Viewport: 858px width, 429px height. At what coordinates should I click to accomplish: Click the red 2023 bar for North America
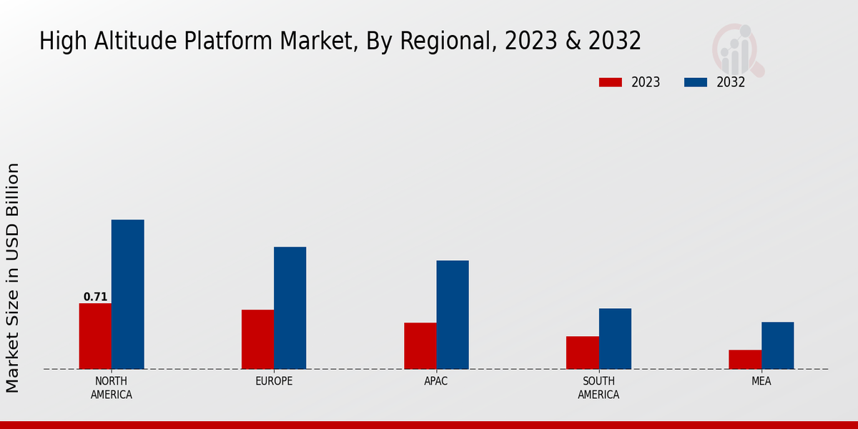[x=95, y=336]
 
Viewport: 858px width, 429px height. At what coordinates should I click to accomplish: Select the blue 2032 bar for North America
[x=127, y=295]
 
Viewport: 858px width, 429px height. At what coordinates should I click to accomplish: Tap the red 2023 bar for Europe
[x=257, y=340]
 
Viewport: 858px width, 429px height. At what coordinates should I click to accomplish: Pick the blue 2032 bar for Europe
[x=290, y=308]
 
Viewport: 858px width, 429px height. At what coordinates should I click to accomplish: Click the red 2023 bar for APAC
[x=420, y=346]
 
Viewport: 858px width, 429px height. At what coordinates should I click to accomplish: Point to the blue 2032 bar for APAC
[x=453, y=315]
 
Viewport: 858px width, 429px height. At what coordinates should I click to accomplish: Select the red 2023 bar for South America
[x=582, y=352]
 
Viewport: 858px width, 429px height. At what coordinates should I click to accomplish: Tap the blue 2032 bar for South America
[x=615, y=339]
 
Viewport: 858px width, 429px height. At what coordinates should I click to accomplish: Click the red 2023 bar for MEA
[x=744, y=360]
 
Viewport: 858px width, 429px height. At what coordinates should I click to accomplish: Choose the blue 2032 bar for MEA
[x=777, y=345]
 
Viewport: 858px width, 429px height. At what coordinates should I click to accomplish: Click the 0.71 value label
[x=95, y=297]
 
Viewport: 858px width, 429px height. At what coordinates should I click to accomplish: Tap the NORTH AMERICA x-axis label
[x=112, y=388]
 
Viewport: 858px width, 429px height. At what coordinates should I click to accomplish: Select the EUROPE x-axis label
[x=274, y=381]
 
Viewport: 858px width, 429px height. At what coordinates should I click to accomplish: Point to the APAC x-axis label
[x=436, y=381]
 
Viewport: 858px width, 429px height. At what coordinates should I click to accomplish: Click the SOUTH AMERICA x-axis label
[x=598, y=388]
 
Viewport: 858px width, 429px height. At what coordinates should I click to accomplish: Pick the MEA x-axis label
[x=761, y=381]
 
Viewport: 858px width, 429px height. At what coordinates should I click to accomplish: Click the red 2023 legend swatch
[x=611, y=82]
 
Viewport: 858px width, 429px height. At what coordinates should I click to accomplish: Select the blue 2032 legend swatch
[x=696, y=82]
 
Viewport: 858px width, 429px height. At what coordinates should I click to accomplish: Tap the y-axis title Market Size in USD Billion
[x=13, y=277]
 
